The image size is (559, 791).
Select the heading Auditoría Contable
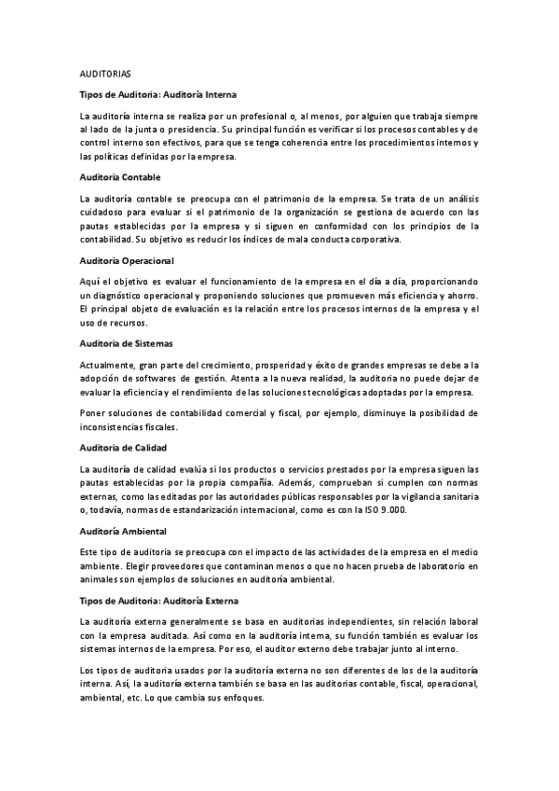[x=121, y=177]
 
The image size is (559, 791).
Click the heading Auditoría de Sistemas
[x=127, y=342]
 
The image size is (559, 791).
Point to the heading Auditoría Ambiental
[x=124, y=531]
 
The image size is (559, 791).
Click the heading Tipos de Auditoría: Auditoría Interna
[x=158, y=95]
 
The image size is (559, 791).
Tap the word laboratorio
[x=435, y=565]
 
